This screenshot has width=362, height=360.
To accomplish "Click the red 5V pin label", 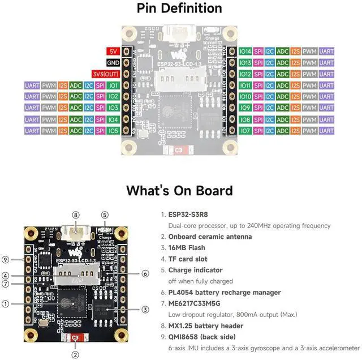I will [x=113, y=52].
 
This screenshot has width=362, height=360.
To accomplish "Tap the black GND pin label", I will [x=113, y=63].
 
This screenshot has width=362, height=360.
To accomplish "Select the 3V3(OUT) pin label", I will [x=105, y=74].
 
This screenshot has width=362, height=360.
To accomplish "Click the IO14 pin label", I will [x=245, y=52].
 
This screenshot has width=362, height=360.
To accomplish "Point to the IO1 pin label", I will [x=113, y=85].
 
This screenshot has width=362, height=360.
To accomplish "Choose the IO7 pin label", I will [x=245, y=130].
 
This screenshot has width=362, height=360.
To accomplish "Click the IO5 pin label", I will [x=113, y=130].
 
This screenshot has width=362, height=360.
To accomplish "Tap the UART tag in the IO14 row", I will [x=327, y=52].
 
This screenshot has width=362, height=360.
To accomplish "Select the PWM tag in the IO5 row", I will [x=49, y=130].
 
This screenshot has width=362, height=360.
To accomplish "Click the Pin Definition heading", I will [x=179, y=8].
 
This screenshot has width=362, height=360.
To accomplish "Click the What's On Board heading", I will [x=179, y=190].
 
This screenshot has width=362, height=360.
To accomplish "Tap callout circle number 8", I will [x=76, y=215].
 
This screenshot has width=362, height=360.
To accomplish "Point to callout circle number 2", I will [x=75, y=354].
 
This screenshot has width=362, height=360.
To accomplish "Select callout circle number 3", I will [x=145, y=309].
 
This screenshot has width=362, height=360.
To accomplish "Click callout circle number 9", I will [x=5, y=260].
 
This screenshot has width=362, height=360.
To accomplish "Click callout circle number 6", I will [x=145, y=273].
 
